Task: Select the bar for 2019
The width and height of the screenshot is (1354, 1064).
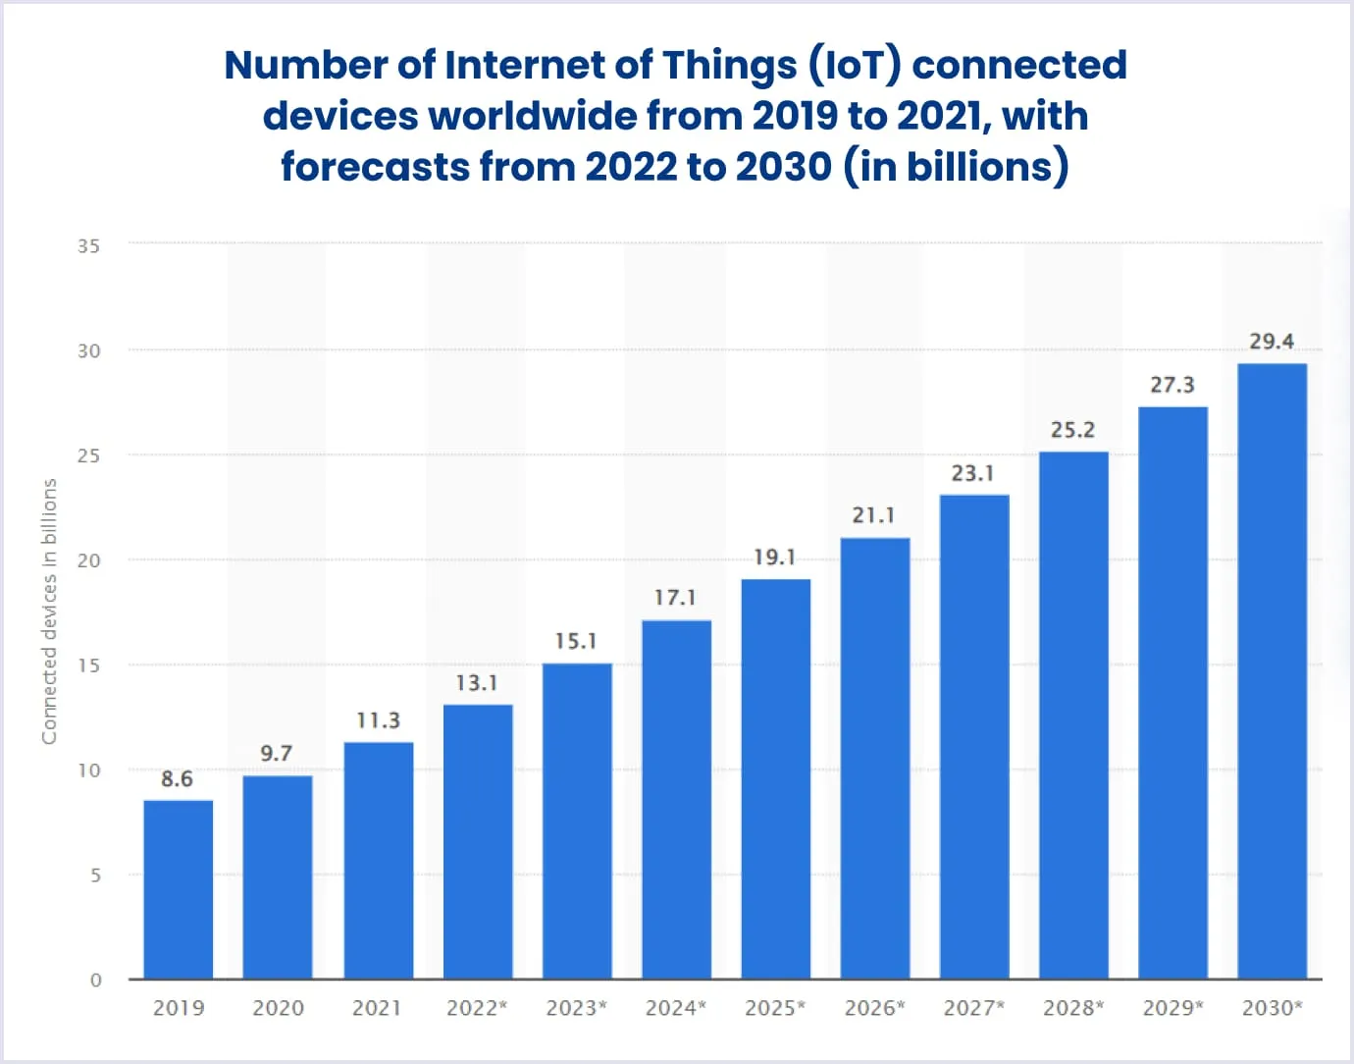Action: tap(178, 889)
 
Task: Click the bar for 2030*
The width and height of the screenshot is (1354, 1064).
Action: tap(1272, 671)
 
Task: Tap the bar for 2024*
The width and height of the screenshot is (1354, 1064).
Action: tap(676, 800)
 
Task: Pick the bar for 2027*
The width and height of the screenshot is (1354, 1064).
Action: tap(973, 737)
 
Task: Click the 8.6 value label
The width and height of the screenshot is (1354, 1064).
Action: tap(177, 779)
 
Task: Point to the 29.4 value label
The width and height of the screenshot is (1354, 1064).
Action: tap(1272, 342)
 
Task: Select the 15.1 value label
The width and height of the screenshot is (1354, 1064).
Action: tap(576, 642)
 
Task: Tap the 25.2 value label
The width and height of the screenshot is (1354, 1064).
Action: tap(1072, 430)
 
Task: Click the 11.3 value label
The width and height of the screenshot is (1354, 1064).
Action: tap(378, 721)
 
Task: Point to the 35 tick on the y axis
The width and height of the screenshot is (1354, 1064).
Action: tap(89, 246)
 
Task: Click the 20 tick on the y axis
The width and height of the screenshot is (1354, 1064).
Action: tap(89, 560)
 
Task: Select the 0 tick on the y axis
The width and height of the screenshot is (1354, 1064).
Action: tap(95, 980)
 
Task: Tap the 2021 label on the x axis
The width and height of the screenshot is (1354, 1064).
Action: tap(377, 1008)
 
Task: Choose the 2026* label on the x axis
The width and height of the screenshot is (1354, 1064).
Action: tap(874, 1008)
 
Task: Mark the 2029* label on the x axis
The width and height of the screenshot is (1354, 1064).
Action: tap(1172, 1008)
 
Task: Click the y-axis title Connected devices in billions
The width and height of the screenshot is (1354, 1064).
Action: tap(49, 611)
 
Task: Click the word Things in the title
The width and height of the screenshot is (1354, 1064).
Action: tap(729, 65)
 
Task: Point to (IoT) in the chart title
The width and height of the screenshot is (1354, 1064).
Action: tap(855, 65)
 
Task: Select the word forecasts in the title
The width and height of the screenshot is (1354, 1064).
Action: tap(375, 167)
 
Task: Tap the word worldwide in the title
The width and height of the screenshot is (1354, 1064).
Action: tap(534, 116)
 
